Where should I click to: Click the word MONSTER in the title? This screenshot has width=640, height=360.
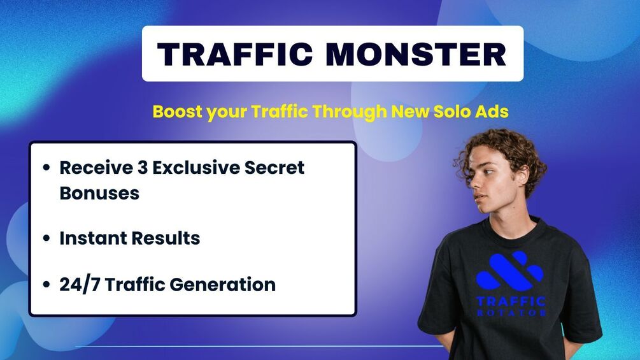coord(416,54)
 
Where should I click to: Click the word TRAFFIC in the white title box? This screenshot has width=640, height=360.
coord(236,54)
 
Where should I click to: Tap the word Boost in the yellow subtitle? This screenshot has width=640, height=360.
coord(177,112)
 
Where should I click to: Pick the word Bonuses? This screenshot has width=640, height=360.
coord(99,193)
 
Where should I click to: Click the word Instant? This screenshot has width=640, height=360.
coord(92,238)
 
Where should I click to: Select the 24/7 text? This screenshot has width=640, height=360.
coord(80,284)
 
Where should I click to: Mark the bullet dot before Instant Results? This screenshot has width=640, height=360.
coord(46,239)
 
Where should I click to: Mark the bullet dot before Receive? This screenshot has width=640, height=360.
coord(46,168)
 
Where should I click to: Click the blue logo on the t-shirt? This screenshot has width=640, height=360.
coord(509,271)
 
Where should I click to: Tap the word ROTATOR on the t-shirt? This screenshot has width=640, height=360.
coord(511,313)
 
